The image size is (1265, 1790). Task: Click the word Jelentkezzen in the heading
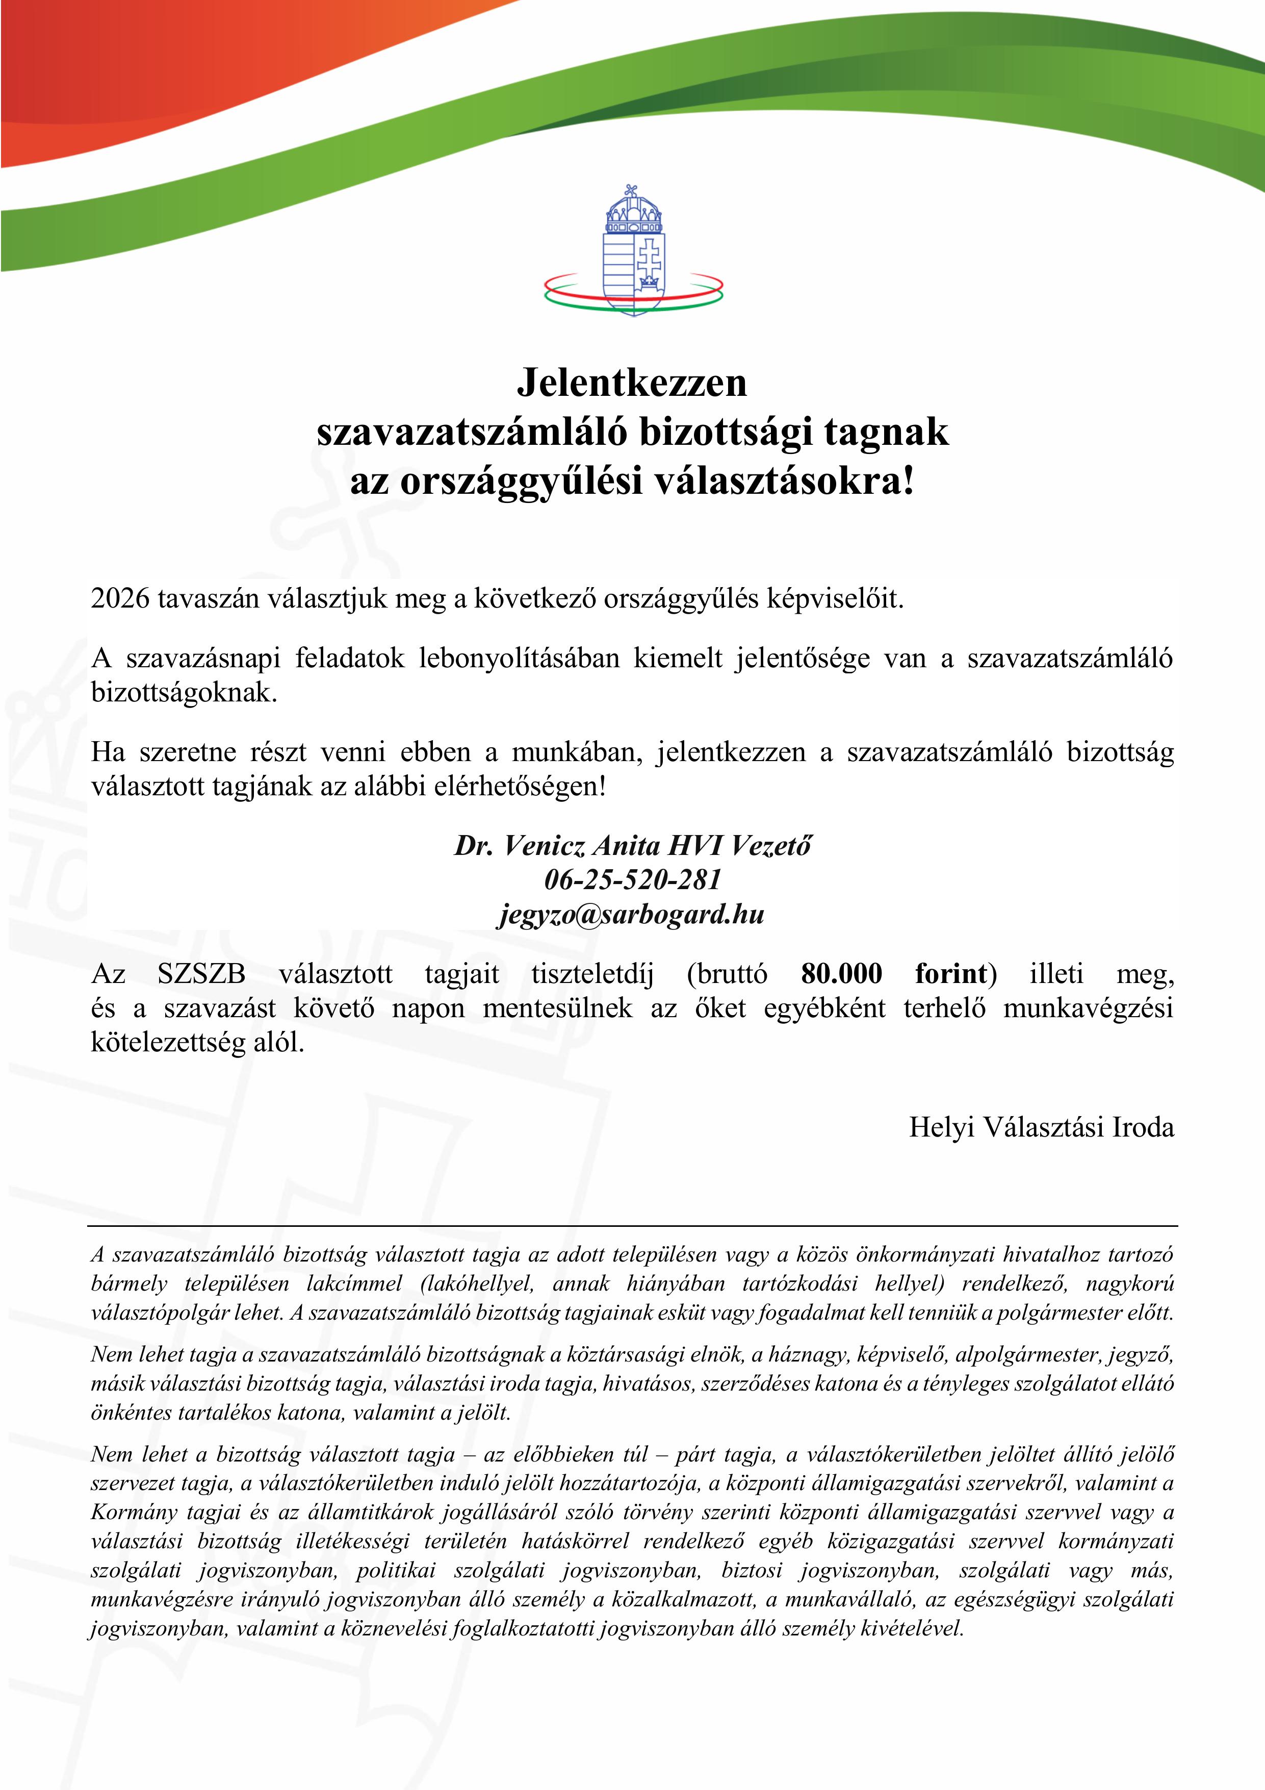click(x=632, y=382)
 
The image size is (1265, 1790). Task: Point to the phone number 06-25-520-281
click(x=632, y=879)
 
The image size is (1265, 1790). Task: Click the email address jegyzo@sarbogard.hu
click(x=632, y=914)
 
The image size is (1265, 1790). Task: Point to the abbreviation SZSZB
click(x=201, y=974)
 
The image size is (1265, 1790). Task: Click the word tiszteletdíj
click(x=592, y=974)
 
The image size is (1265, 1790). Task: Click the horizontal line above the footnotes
click(x=632, y=1226)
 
